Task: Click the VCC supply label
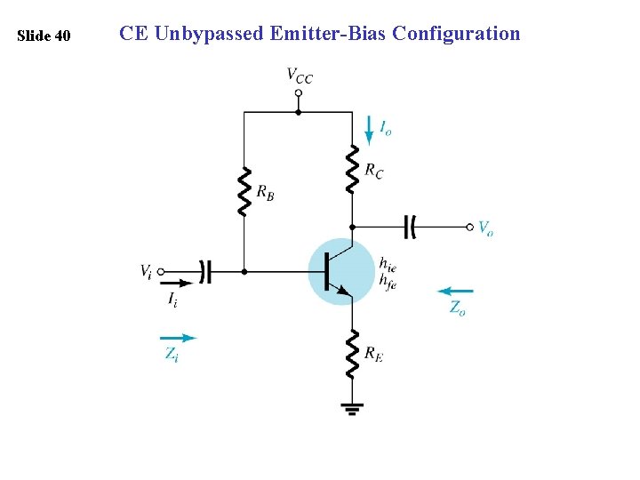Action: [x=300, y=76]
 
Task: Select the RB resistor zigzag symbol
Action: [x=244, y=190]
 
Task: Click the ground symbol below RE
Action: [x=352, y=408]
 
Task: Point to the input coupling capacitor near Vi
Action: [x=205, y=271]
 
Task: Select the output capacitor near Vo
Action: [x=410, y=227]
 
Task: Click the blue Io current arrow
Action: [x=369, y=129]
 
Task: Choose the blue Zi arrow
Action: [x=178, y=338]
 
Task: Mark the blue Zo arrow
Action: [x=457, y=291]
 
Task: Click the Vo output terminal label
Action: [x=485, y=228]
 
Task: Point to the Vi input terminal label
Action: [x=145, y=269]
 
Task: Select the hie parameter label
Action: [x=388, y=263]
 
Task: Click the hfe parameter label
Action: [x=388, y=279]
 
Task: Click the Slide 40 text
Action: [x=44, y=36]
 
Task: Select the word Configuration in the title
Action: [x=456, y=34]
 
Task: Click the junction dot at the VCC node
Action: [x=298, y=112]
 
